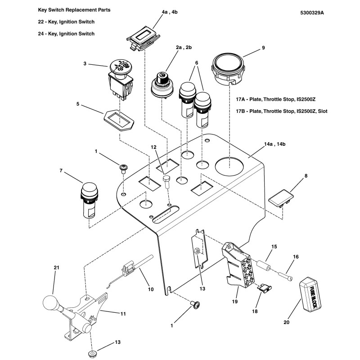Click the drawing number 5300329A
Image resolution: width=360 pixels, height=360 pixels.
pos(311,13)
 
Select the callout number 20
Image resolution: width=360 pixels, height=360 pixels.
pos(287,322)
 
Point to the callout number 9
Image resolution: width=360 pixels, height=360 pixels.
pos(263,47)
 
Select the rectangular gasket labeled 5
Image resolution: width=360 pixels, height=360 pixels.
pos(119,120)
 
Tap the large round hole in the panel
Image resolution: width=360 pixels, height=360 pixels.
pos(230,166)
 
